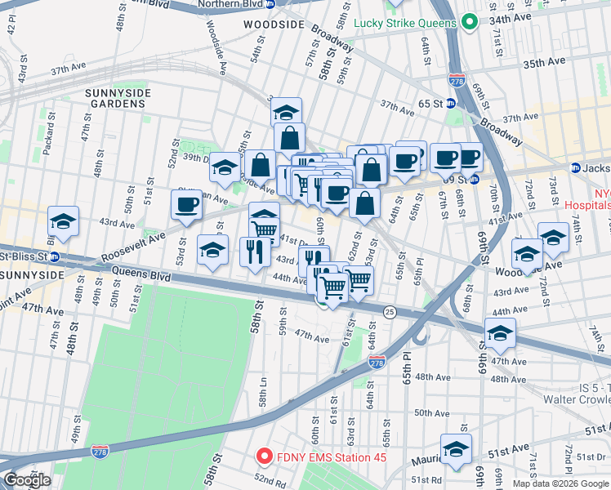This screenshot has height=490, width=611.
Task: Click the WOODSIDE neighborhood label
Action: tap(273, 25)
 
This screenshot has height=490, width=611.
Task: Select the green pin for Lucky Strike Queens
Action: tap(469, 23)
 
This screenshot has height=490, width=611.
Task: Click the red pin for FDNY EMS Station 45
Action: tap(264, 456)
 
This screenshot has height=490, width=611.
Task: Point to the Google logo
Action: tap(27, 480)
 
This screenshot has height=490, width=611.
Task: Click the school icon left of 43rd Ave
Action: tap(63, 220)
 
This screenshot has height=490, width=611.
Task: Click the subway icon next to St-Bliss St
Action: tap(55, 257)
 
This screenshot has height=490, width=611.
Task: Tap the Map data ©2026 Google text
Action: tap(560, 483)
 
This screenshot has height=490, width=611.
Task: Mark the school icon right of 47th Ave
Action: tap(500, 332)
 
